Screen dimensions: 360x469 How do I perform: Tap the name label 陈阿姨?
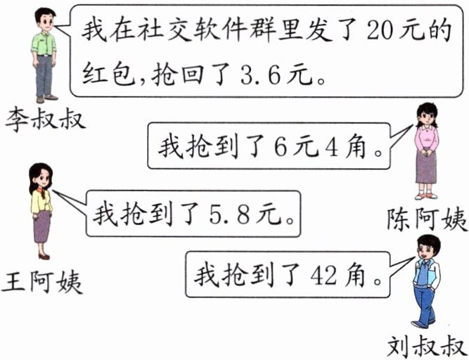point(427,219)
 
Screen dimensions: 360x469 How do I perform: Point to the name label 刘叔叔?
point(427,345)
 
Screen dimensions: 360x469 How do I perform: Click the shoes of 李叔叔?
point(46,99)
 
